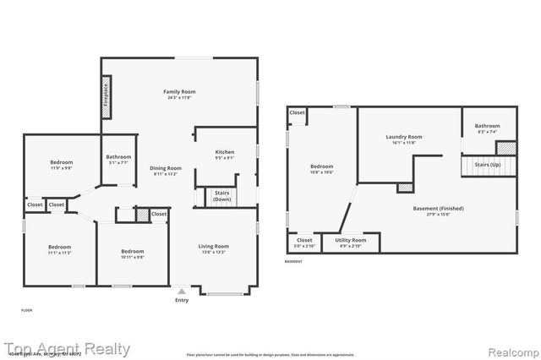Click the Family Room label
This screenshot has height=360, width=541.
point(179,91)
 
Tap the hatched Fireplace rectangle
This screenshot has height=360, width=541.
point(106,93)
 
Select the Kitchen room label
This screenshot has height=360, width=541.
point(224,151)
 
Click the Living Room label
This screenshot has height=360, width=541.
point(214,246)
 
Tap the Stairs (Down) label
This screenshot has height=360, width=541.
point(222,196)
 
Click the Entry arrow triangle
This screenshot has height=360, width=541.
point(181,291)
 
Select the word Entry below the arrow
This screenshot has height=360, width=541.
point(182,301)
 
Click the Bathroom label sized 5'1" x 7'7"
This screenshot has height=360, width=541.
point(118,156)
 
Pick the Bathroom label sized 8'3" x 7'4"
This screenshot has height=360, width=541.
point(487,126)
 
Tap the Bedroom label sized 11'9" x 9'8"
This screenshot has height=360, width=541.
point(61,162)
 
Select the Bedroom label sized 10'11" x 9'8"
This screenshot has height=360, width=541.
point(132,251)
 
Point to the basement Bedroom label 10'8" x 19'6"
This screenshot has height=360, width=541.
point(321,166)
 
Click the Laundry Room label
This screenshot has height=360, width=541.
point(403,137)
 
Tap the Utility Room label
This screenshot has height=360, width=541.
point(351,240)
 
